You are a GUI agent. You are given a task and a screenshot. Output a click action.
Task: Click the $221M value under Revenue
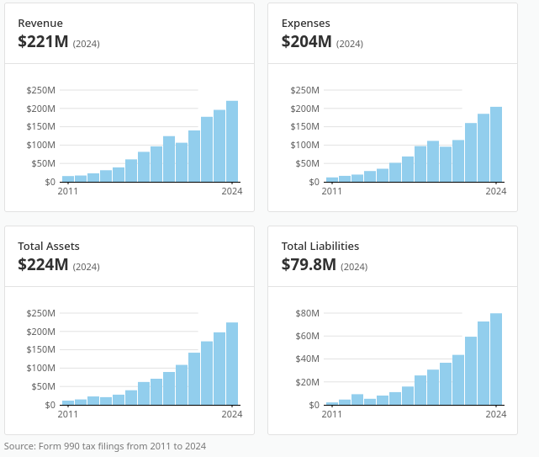[x=43, y=41]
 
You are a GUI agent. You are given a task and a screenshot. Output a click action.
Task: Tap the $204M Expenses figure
[x=307, y=41]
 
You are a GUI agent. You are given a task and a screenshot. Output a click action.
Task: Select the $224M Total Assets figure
[x=43, y=264]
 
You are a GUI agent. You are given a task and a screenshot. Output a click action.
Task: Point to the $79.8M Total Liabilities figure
[x=309, y=264]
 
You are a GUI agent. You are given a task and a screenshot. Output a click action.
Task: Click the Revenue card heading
[x=40, y=23]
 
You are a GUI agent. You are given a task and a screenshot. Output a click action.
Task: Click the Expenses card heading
[x=305, y=23]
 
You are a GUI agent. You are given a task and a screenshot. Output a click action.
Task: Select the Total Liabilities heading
[x=320, y=246]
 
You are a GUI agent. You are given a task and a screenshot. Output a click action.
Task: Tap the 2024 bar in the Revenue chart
[x=232, y=141]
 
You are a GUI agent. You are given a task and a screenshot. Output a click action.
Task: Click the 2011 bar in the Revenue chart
[x=68, y=179]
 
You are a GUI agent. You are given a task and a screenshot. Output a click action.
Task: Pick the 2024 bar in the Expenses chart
[x=496, y=144]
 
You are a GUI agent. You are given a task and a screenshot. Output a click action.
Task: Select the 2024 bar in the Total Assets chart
[x=232, y=364]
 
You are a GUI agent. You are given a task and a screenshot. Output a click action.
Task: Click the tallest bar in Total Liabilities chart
[x=496, y=359]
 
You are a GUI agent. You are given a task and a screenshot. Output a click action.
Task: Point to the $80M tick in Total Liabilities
[x=307, y=313]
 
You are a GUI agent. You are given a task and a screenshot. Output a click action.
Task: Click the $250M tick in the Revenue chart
[x=41, y=90]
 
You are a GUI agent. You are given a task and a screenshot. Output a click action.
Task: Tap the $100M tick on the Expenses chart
[x=305, y=145]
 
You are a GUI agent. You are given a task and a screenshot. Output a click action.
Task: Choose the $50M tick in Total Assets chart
[x=44, y=386]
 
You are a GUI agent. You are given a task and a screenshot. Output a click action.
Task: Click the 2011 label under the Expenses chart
[x=331, y=191]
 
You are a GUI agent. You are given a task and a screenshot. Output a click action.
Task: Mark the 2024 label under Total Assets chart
[x=232, y=414]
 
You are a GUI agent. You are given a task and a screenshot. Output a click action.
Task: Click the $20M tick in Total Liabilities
[x=307, y=382]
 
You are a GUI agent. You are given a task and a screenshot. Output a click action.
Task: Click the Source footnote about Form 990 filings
[x=105, y=446]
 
